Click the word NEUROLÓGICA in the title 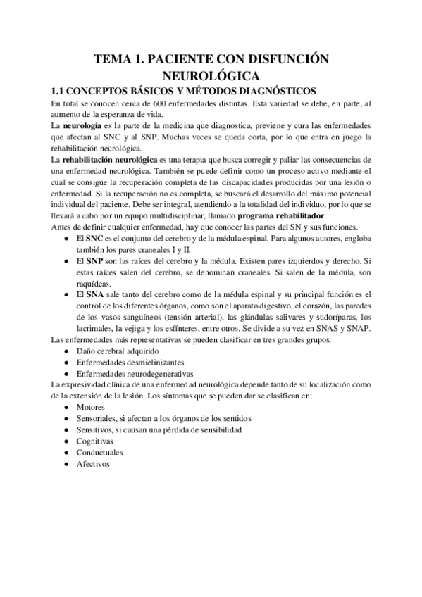211,75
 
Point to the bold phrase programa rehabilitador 282,214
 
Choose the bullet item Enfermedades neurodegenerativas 135,373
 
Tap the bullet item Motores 92,408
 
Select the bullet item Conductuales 100,453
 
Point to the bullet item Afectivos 94,464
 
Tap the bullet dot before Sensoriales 66,419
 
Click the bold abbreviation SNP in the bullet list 94,260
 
